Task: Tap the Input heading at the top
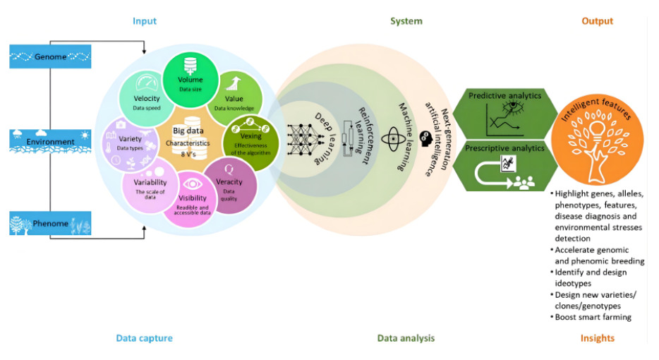145,21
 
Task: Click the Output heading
597,21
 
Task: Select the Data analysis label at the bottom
406,338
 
